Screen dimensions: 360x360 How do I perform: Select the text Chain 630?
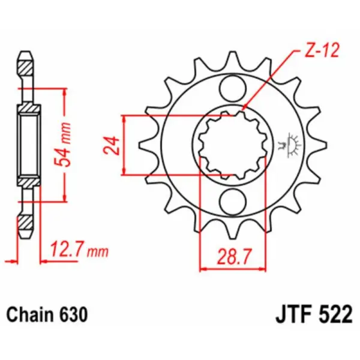[47, 314]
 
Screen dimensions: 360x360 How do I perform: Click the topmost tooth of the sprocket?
[232, 59]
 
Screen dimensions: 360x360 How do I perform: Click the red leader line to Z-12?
[270, 82]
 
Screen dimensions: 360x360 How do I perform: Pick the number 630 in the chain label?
[76, 314]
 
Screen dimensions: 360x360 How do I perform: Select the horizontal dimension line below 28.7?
[232, 269]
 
